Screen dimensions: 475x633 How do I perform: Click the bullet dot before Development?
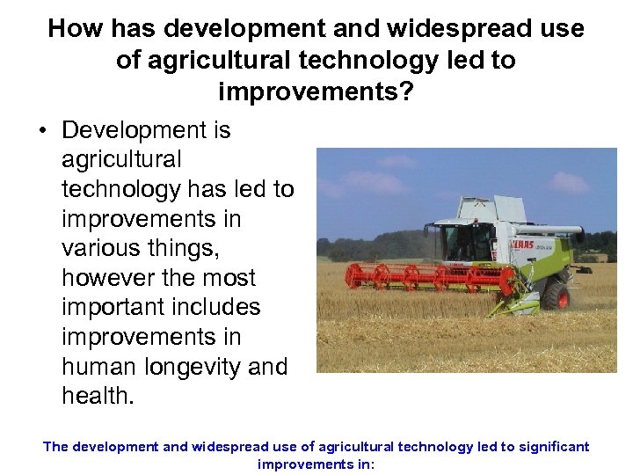(43, 131)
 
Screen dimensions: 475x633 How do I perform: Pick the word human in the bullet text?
(98, 367)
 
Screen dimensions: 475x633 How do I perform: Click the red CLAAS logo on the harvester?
(524, 244)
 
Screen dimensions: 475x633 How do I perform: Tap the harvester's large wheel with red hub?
(556, 294)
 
